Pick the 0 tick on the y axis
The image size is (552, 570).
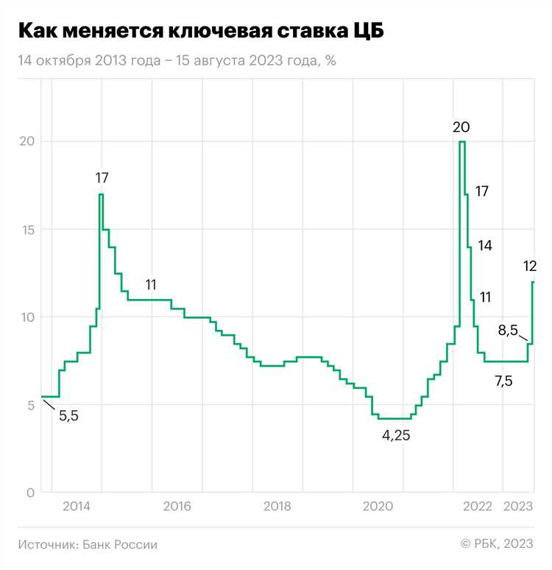click(x=29, y=493)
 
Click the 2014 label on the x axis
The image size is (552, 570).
click(x=77, y=506)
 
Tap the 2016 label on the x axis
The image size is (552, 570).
click(x=177, y=506)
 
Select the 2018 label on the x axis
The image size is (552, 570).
click(x=277, y=506)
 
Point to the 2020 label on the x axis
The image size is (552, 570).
click(x=378, y=506)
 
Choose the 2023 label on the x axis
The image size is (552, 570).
click(x=517, y=506)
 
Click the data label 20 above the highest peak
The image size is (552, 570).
click(x=461, y=127)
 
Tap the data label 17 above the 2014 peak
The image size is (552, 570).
click(x=102, y=178)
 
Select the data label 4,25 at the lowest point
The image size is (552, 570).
click(x=395, y=435)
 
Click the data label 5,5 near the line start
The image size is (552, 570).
click(x=68, y=416)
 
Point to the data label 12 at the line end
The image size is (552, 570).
click(x=529, y=267)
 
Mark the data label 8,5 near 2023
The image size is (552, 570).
click(x=508, y=331)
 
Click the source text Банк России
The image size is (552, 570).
click(x=88, y=545)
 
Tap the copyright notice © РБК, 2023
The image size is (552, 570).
click(x=497, y=544)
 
